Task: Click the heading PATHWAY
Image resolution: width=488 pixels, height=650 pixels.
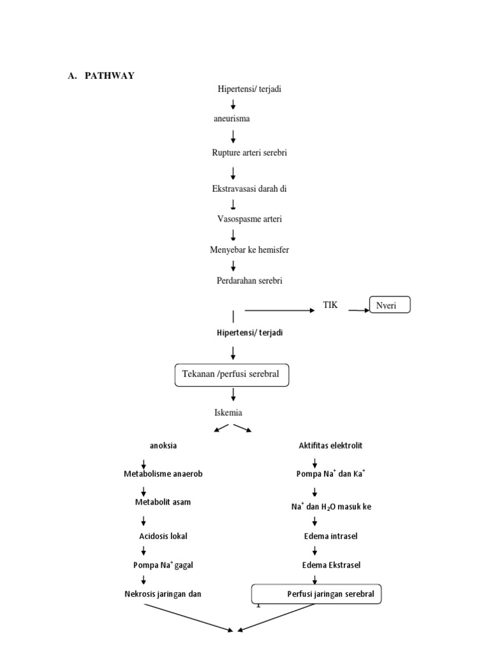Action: coord(109,76)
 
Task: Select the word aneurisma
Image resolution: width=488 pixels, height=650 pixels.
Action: coord(231,119)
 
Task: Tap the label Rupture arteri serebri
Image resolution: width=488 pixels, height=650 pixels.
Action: coord(245,153)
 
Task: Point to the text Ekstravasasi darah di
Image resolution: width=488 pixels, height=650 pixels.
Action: coord(245,189)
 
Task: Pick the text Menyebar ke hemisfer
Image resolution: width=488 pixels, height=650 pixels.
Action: coord(249,250)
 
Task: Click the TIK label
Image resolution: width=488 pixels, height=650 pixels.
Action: coord(330,305)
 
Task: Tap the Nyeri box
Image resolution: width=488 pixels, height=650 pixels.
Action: coord(390,305)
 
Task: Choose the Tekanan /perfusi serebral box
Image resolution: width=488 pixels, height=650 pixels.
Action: coord(231,375)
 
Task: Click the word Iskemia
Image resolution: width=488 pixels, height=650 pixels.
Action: coord(228,413)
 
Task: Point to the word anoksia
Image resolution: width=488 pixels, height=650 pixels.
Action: coord(163,446)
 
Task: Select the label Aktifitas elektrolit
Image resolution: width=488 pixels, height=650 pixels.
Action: coord(330,446)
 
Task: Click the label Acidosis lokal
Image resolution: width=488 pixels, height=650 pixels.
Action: coord(163,536)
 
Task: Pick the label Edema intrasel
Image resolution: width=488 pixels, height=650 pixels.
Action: coord(330,536)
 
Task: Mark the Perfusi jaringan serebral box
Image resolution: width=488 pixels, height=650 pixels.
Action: coord(317,595)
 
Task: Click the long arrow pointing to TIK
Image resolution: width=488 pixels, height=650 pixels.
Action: coord(280,310)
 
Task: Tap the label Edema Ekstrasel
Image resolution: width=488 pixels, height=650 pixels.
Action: coord(330,564)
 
